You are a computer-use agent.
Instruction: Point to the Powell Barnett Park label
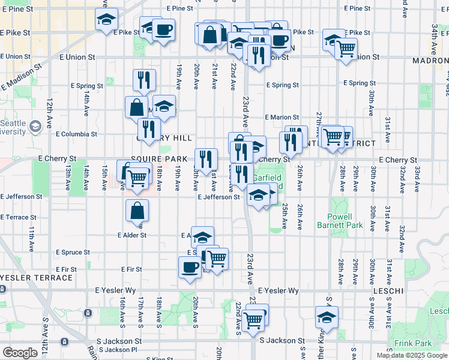tap(345, 221)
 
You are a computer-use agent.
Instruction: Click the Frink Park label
tap(414, 344)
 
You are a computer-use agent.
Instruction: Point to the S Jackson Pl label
tap(118, 349)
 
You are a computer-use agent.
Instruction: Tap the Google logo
tap(20, 353)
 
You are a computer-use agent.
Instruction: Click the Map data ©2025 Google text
tap(412, 355)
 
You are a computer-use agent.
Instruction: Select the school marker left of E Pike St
tap(106, 20)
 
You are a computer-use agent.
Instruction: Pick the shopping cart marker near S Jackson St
tap(255, 319)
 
